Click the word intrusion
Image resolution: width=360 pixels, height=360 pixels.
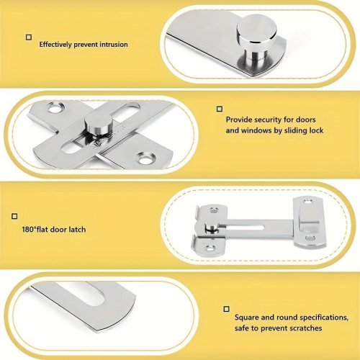point(114,45)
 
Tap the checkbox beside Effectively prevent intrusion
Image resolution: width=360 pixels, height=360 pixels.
point(29,37)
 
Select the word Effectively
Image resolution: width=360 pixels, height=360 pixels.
point(55,45)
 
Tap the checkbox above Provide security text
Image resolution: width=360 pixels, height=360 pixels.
point(220,109)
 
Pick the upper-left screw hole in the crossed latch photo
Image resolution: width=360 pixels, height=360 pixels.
point(55,107)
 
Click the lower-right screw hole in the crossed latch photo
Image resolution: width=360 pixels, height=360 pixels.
point(145,158)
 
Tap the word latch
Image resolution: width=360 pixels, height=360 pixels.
point(77,230)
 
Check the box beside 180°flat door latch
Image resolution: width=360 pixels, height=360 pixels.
point(14,216)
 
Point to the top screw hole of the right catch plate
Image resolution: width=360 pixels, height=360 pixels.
point(307,202)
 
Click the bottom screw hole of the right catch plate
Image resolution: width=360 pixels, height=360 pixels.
point(310,238)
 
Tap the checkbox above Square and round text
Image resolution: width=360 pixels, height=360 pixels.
point(226,309)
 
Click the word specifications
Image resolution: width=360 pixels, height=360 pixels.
point(324,318)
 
